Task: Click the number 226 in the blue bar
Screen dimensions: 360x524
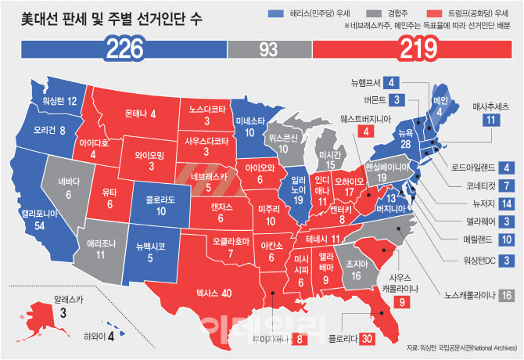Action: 124,51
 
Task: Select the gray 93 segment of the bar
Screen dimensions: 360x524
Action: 269,51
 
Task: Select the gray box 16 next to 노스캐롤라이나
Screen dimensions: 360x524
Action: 506,295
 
